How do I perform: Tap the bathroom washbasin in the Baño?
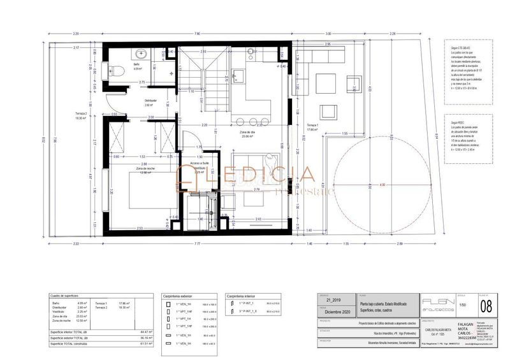(x=140, y=54)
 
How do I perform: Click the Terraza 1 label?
(x=312, y=127)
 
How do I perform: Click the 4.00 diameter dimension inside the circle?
(x=382, y=185)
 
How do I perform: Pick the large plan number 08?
(x=486, y=305)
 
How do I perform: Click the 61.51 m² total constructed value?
(x=146, y=343)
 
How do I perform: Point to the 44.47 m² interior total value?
(x=146, y=332)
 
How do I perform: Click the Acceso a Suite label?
(x=199, y=164)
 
